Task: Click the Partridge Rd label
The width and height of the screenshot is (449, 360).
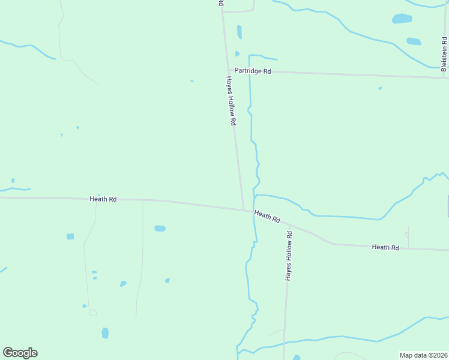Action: [x=253, y=71]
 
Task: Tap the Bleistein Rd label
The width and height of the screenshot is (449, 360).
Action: [x=444, y=55]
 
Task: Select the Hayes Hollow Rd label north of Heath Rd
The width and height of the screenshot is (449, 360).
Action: [x=231, y=100]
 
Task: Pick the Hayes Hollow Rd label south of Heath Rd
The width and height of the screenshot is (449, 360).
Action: [x=289, y=256]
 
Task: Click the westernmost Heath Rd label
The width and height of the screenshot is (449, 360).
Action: [x=103, y=199]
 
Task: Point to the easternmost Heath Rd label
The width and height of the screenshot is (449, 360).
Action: [x=385, y=247]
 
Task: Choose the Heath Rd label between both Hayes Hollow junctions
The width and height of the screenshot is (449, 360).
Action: [x=267, y=217]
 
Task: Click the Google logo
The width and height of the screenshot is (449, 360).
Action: [x=20, y=353]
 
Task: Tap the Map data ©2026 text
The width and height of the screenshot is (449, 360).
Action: [x=424, y=355]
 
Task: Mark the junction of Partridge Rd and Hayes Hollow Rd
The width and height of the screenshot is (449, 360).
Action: [x=229, y=70]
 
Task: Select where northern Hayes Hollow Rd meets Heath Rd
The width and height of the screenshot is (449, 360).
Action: [x=244, y=210]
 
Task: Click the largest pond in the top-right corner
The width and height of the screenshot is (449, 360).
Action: [x=402, y=19]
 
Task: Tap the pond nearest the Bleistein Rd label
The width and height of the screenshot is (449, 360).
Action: [x=414, y=41]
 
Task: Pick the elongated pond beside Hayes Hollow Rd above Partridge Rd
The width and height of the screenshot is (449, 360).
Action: [x=240, y=32]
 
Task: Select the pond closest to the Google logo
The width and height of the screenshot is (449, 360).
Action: [x=105, y=332]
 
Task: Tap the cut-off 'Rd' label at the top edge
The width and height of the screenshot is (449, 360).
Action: [x=221, y=4]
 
